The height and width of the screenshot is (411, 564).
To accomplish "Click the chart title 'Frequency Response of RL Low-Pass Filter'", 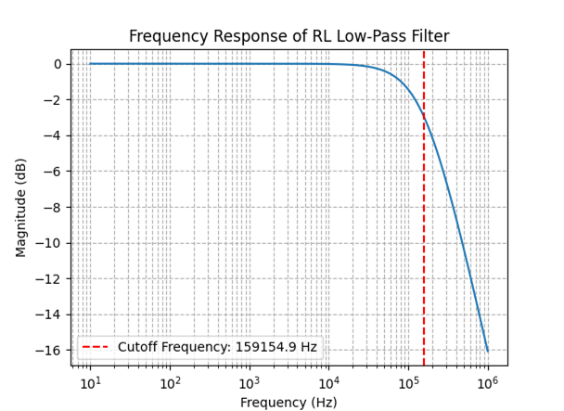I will [x=288, y=36].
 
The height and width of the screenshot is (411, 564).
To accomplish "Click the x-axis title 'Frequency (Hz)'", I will [x=288, y=402].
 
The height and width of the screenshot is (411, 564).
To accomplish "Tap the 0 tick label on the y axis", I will [x=57, y=65].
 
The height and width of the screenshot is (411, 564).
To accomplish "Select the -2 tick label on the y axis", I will [x=53, y=100].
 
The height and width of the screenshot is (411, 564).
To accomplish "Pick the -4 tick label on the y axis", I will [x=53, y=136].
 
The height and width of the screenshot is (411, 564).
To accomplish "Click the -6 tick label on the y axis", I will [x=53, y=172].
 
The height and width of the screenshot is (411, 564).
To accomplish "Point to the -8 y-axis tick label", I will [x=53, y=208].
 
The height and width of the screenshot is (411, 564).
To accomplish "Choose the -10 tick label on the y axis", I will [x=50, y=243].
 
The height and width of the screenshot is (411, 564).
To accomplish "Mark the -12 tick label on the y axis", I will [x=50, y=279].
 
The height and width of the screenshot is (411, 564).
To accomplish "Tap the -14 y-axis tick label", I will [x=50, y=315].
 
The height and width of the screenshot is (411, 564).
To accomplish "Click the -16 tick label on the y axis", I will [x=50, y=351].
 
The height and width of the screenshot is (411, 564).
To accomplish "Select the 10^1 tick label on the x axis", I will [x=90, y=382].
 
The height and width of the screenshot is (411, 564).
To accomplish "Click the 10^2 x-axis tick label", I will [x=170, y=382].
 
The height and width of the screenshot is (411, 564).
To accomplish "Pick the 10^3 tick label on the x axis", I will [x=249, y=382].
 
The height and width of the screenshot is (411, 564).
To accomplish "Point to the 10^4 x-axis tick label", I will [x=328, y=382].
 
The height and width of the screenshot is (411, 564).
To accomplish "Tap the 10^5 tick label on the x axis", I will [x=407, y=382].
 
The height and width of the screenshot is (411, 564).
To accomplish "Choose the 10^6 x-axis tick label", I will [x=487, y=382].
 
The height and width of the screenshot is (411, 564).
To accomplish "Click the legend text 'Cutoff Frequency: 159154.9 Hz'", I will [x=217, y=348].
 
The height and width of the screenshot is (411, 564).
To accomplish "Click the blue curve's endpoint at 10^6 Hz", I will [x=487, y=351].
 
